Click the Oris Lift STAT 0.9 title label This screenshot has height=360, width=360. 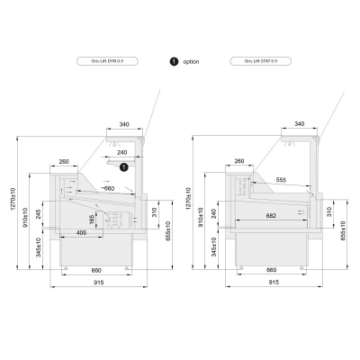[247, 61]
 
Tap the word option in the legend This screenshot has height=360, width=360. [191, 61]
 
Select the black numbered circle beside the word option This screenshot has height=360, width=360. [173, 61]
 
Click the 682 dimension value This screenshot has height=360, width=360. [271, 216]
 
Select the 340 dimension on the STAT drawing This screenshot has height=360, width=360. [299, 124]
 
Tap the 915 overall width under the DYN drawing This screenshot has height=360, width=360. [96, 283]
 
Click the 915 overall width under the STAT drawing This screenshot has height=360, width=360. [273, 283]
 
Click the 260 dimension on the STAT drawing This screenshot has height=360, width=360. [238, 161]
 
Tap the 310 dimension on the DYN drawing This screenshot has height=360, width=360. [154, 213]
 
